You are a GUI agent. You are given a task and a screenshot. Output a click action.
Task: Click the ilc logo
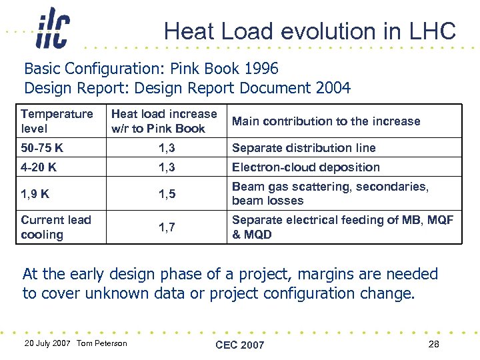(x=53, y=28)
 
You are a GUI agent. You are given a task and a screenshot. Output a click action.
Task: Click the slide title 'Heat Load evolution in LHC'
(x=309, y=31)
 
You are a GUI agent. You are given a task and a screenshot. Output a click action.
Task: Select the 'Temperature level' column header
(x=57, y=121)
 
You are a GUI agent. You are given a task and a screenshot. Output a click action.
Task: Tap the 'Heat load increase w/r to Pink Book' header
(x=164, y=121)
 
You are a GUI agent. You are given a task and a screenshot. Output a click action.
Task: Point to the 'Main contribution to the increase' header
(x=326, y=121)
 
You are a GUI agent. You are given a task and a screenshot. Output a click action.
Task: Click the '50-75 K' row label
(x=42, y=148)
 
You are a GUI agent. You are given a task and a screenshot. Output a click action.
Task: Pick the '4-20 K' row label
(x=39, y=167)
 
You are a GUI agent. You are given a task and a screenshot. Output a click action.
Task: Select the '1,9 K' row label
(x=35, y=194)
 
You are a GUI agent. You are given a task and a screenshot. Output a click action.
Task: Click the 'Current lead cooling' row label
(x=56, y=227)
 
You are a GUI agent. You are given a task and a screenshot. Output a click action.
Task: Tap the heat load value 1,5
(x=167, y=194)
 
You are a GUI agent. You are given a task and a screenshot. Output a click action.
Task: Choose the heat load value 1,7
(x=167, y=227)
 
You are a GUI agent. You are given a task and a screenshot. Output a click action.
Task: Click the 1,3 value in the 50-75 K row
(x=167, y=148)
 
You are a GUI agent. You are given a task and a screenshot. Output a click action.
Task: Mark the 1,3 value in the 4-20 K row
(x=167, y=167)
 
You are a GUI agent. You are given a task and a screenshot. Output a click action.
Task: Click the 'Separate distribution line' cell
(x=303, y=148)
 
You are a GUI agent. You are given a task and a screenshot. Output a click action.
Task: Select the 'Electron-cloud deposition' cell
(x=305, y=167)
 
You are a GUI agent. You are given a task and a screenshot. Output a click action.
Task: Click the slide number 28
(x=434, y=344)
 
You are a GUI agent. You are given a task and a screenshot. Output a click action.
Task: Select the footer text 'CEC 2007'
(x=240, y=345)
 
